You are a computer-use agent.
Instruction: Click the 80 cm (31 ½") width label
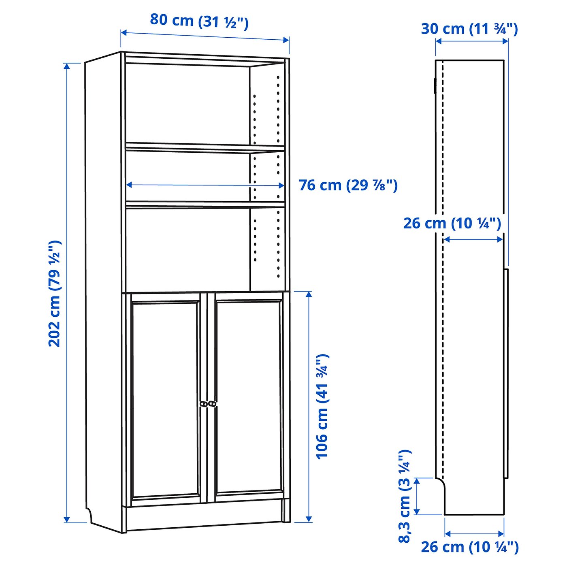point(199,21)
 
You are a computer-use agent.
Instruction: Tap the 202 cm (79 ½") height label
point(55,293)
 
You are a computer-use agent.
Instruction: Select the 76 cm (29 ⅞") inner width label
point(348,185)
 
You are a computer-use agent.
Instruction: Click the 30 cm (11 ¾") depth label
point(469,29)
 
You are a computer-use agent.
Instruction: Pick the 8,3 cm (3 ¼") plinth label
point(405,496)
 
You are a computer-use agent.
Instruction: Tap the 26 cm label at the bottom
point(469,547)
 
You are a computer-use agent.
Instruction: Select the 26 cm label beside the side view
point(452,224)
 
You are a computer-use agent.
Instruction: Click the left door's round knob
point(204,404)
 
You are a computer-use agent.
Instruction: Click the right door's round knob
point(212,404)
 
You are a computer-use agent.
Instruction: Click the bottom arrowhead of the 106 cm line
point(309,519)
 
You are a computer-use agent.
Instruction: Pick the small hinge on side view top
point(434,85)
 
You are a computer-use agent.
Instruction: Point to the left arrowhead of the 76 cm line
point(129,185)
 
